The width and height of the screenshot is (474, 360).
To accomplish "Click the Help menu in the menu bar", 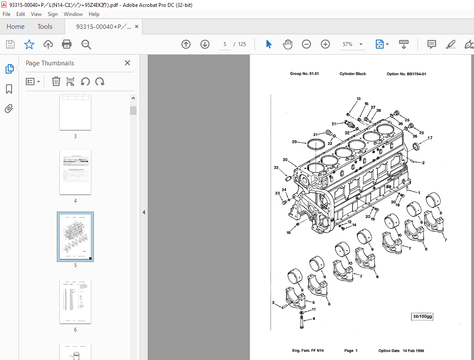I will tap(94, 14).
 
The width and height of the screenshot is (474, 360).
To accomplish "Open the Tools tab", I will tap(45, 27).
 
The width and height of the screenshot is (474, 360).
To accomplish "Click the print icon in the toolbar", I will tap(67, 44).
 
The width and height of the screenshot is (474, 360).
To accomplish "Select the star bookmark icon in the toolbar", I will tap(29, 44).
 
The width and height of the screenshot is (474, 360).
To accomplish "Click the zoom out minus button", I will tap(307, 44).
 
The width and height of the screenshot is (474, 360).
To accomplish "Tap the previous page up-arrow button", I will tap(186, 44).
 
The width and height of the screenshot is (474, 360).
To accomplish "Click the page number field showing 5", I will tap(225, 44).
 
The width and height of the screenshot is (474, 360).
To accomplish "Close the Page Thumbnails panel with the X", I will tap(127, 63).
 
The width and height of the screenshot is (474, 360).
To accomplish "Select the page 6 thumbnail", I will tap(75, 301).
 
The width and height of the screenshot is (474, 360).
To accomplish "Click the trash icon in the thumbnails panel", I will tap(56, 81).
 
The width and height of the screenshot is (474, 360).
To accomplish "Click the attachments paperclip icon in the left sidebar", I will tap(9, 108).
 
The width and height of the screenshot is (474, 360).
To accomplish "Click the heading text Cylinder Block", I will tap(353, 74).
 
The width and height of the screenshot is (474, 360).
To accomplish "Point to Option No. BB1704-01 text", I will tap(406, 74).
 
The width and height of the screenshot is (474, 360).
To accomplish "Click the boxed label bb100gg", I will tap(422, 317).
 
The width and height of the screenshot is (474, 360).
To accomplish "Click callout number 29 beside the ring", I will tap(294, 142).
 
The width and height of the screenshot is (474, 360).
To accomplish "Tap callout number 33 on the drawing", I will tap(276, 168).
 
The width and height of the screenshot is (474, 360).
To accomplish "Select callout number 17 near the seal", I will tap(430, 138).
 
